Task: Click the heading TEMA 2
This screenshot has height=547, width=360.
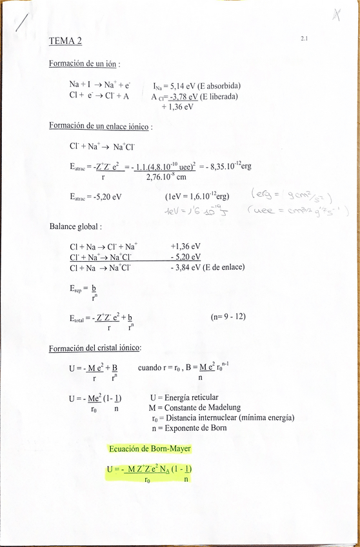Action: [65, 41]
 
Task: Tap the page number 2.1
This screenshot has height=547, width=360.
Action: [304, 39]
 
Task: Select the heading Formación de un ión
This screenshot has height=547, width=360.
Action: [84, 64]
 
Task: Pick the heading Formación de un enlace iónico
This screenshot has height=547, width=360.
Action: [100, 126]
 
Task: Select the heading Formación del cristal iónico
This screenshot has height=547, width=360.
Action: [94, 348]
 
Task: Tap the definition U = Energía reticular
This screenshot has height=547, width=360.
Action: [184, 397]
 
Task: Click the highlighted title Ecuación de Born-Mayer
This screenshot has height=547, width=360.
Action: [150, 448]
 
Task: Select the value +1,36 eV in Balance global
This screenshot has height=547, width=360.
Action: [185, 246]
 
